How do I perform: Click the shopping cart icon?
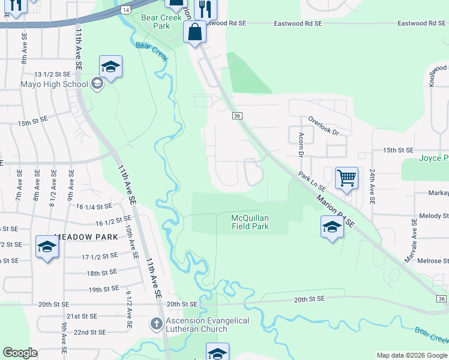[x=346, y=178]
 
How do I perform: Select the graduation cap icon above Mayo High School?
[x=111, y=67]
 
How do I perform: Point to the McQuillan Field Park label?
[x=250, y=222]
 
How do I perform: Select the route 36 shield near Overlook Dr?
[x=237, y=116]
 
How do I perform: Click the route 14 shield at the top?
[x=125, y=10]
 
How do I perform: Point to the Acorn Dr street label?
[x=301, y=144]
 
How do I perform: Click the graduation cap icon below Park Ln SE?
[x=331, y=227]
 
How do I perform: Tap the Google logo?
[x=20, y=353]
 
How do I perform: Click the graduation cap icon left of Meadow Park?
[x=47, y=247]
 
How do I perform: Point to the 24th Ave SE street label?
[x=372, y=186]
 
